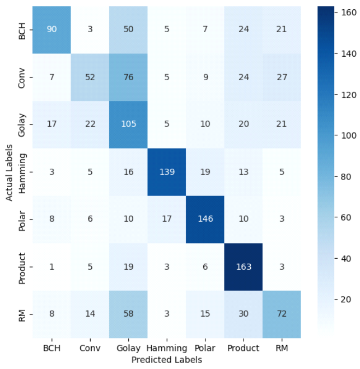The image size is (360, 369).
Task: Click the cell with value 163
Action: pyautogui.click(x=244, y=266)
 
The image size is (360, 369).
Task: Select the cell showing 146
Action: pyautogui.click(x=205, y=219)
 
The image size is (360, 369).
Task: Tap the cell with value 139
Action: pyautogui.click(x=167, y=171)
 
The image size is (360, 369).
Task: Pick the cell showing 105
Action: pyautogui.click(x=129, y=124)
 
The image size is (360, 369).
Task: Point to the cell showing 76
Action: pyautogui.click(x=129, y=76)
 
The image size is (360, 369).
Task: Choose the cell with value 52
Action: pyautogui.click(x=90, y=76)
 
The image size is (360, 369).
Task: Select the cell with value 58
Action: pyautogui.click(x=129, y=314)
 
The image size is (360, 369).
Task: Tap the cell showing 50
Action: pyautogui.click(x=129, y=29)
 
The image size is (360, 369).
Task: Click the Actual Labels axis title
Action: pyautogui.click(x=10, y=171)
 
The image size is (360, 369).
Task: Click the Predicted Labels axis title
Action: pyautogui.click(x=167, y=360)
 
